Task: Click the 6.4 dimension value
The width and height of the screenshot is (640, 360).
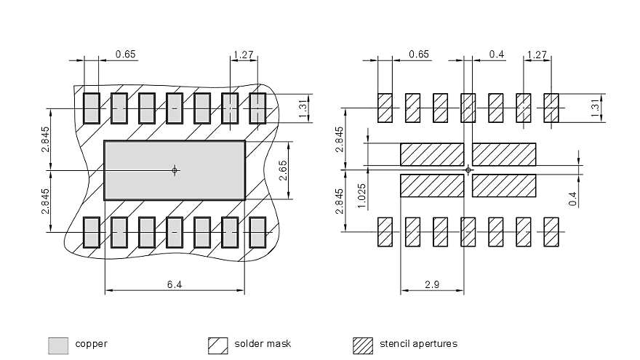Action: click(175, 284)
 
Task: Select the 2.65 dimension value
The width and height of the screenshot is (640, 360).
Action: click(283, 171)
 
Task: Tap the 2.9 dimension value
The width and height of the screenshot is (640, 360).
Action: click(432, 284)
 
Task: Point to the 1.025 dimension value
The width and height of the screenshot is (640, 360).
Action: click(361, 196)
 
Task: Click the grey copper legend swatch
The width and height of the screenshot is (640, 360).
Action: click(58, 345)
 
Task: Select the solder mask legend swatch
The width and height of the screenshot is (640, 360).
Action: click(218, 345)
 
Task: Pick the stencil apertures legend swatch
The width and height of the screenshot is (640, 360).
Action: click(363, 345)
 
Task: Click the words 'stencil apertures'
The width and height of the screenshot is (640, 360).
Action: click(418, 344)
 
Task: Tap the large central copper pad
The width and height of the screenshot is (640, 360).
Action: click(175, 171)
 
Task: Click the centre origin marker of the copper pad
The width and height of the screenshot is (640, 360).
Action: click(175, 170)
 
